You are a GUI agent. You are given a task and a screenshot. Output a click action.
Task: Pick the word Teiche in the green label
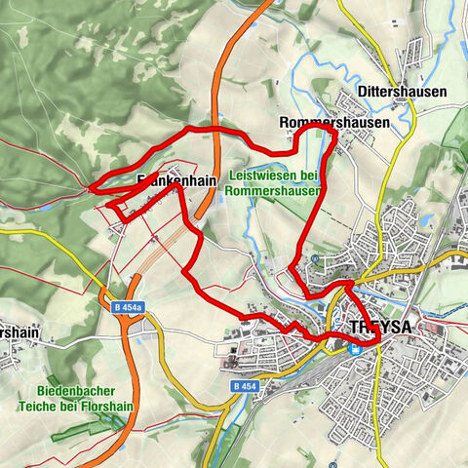47,405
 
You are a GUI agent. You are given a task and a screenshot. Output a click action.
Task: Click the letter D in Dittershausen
362,91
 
